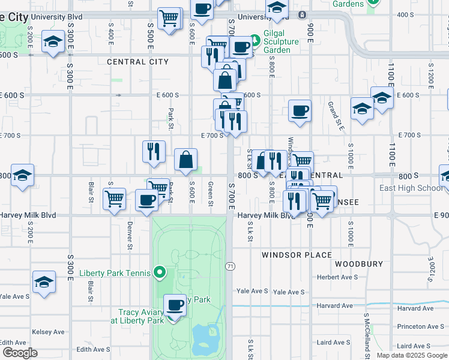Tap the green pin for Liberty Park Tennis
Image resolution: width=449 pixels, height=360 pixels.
(x=159, y=274)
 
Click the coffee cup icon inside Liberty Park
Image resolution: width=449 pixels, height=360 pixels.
(x=175, y=305)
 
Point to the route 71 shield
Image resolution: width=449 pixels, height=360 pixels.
(x=230, y=266)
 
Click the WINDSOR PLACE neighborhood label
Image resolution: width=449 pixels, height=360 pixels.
(x=296, y=255)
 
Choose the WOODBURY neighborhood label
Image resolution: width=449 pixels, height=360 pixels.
(x=359, y=264)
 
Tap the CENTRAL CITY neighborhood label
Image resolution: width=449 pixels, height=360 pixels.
(x=137, y=62)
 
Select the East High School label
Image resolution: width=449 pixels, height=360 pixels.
(x=412, y=188)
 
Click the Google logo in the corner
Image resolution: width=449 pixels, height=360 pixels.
(x=20, y=353)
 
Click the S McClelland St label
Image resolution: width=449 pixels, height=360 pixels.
(x=366, y=335)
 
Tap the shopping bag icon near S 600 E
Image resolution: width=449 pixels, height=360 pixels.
(x=186, y=160)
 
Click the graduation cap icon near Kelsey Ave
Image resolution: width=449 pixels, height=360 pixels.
(x=44, y=282)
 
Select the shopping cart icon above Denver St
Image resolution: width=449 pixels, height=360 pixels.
(x=114, y=198)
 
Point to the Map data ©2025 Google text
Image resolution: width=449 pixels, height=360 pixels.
(x=412, y=355)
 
